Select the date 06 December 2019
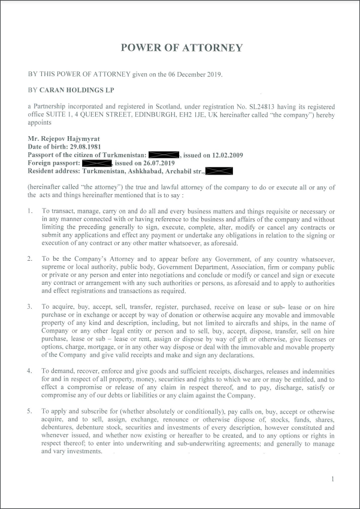(192, 74)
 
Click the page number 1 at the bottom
(332, 480)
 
